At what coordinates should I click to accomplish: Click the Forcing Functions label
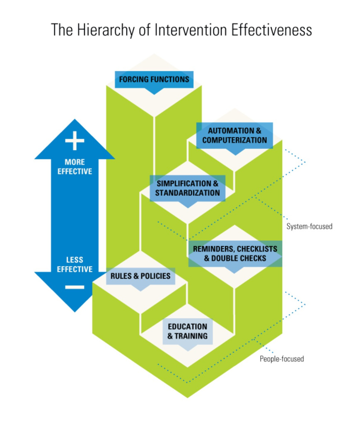(x=154, y=79)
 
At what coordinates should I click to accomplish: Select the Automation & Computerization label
(x=234, y=135)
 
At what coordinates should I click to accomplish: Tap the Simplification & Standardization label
(x=187, y=188)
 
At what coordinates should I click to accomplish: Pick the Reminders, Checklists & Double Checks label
(x=235, y=253)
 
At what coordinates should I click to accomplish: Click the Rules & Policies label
(x=140, y=275)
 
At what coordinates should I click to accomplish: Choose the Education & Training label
(x=187, y=331)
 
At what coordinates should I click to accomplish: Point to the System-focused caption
(x=309, y=226)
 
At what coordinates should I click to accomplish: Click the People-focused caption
(x=282, y=359)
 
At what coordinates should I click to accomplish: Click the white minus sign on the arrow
(x=75, y=287)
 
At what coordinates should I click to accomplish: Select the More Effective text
(x=75, y=166)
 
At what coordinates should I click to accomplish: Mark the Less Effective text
(x=75, y=265)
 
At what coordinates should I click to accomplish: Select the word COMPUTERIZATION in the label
(x=234, y=140)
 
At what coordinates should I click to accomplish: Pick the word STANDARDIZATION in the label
(x=187, y=193)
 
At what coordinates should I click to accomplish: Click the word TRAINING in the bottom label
(x=191, y=336)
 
